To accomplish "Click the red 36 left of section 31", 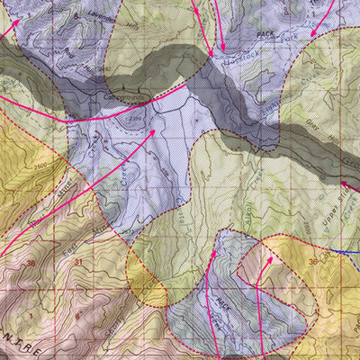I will (32, 263).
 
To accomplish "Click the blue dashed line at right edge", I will (346, 255).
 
